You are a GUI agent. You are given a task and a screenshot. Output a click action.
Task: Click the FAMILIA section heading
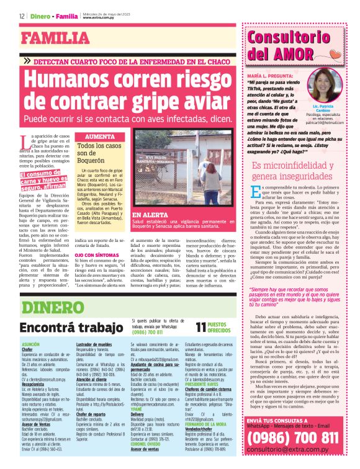pos(56,38)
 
